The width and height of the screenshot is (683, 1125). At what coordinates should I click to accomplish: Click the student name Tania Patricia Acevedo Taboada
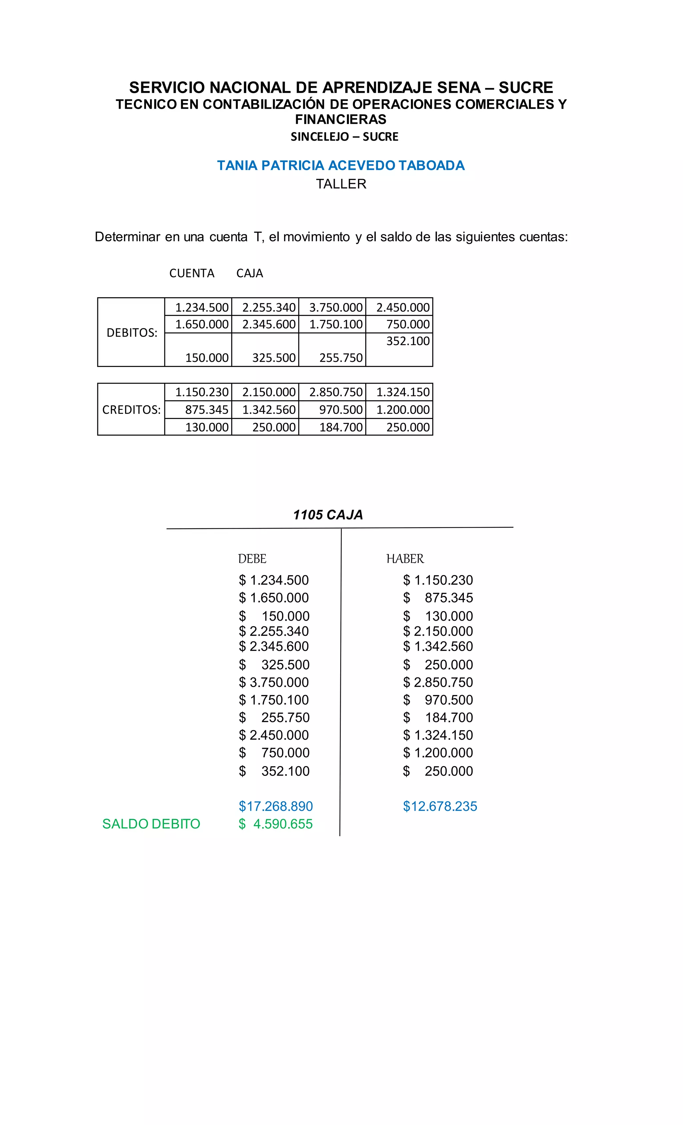click(340, 165)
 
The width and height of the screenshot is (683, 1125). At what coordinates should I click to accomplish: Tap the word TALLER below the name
click(341, 184)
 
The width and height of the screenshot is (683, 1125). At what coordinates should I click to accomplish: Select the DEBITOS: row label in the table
click(131, 333)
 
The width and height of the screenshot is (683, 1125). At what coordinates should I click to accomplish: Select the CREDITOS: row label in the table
click(131, 410)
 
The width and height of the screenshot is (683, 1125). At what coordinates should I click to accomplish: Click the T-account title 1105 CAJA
click(328, 515)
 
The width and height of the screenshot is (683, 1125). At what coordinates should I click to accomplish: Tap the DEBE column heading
click(252, 559)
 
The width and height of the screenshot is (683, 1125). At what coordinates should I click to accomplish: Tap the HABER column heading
click(405, 559)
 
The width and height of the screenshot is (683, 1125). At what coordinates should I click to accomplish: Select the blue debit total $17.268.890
click(276, 806)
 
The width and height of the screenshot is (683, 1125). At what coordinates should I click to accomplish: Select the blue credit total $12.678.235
click(440, 806)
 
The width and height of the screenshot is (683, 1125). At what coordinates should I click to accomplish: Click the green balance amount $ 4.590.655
click(276, 824)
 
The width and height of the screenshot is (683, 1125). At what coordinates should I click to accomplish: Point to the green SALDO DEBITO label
click(151, 824)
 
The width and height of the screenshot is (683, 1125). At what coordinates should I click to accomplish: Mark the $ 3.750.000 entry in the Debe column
click(274, 682)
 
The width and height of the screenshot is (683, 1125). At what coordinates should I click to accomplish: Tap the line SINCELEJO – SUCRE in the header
click(344, 136)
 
